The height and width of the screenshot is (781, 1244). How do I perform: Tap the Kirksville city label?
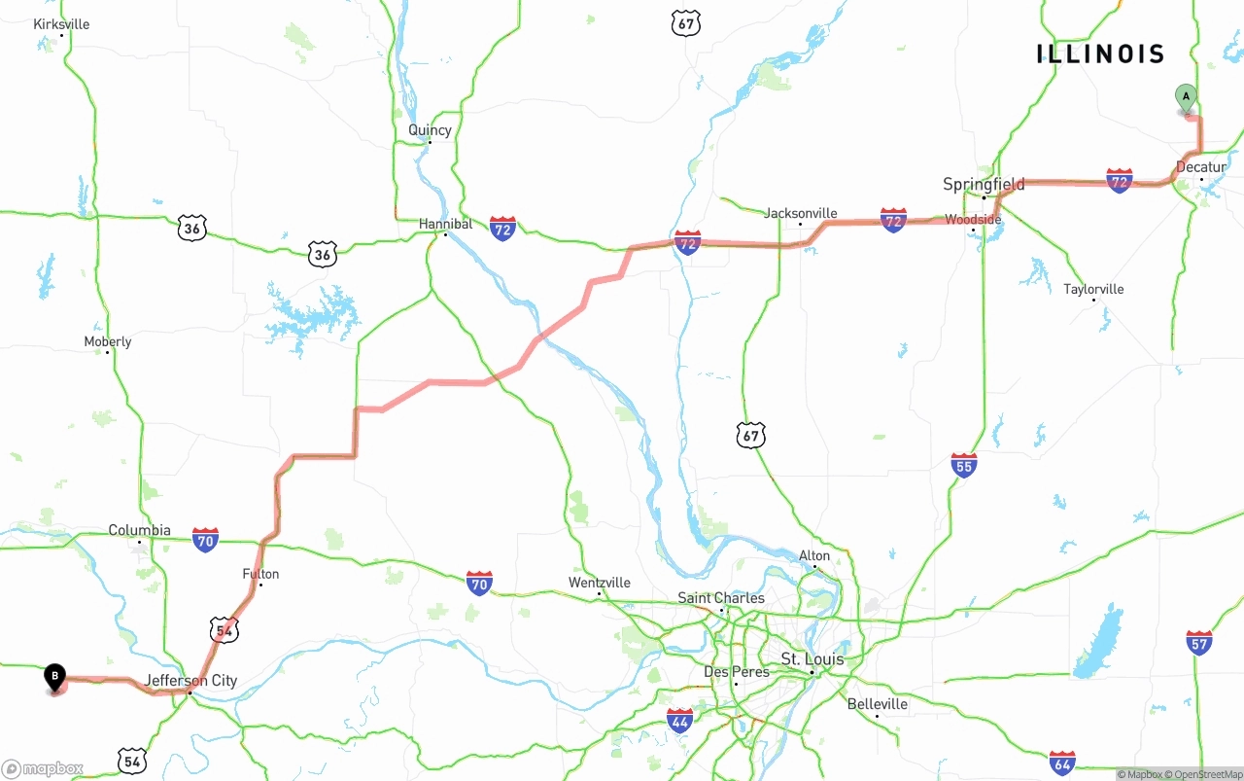[61, 24]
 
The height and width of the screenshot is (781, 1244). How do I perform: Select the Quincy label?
[430, 130]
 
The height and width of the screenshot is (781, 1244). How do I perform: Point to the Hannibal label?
[445, 224]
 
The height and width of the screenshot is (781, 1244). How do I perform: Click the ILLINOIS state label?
[1099, 54]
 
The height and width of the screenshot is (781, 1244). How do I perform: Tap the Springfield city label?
[984, 184]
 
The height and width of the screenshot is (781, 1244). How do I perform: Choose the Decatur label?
[1201, 167]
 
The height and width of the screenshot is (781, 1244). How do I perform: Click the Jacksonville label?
[801, 213]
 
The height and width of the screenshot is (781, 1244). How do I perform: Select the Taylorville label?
[1093, 289]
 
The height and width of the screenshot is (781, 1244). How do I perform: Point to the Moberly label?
[108, 341]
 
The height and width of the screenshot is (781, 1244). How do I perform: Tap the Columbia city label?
[139, 530]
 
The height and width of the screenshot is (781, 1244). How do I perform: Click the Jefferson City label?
[190, 680]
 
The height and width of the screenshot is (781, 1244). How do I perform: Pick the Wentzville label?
[600, 583]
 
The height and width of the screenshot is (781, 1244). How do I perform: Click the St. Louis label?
[812, 659]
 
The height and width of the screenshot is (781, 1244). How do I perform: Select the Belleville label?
[877, 704]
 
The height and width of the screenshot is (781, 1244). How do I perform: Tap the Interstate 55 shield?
[964, 465]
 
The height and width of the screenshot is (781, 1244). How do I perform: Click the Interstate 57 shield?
[1199, 642]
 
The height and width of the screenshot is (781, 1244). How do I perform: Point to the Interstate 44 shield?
[680, 721]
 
